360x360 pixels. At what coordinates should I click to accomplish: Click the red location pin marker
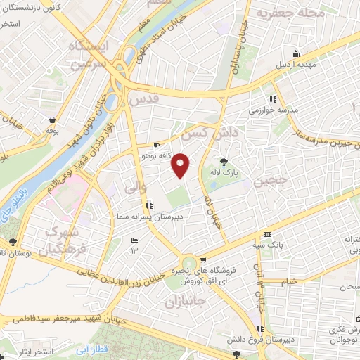pos(181,165)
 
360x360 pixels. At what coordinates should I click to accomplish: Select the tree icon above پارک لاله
pos(224,161)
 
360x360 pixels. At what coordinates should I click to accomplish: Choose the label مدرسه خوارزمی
pos(274,110)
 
